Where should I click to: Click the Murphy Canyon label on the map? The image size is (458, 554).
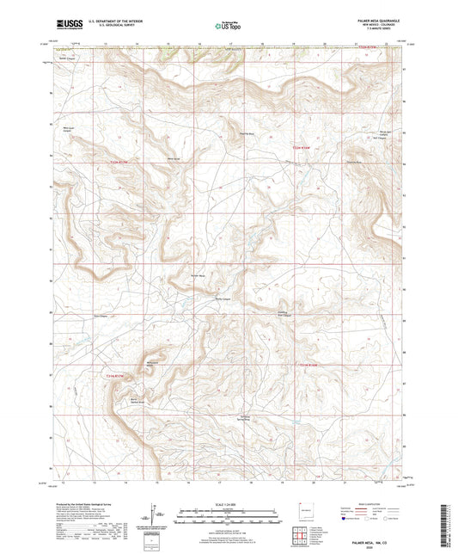[223, 299]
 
